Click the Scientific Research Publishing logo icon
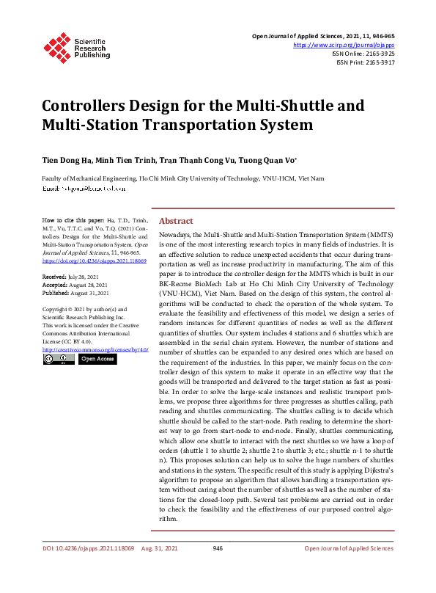pyautogui.click(x=56, y=46)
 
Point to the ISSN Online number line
pyautogui.click(x=363, y=54)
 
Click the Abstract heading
pyautogui.click(x=176, y=221)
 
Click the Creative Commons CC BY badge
pyautogui.click(x=58, y=360)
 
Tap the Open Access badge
pyautogui.click(x=96, y=360)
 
